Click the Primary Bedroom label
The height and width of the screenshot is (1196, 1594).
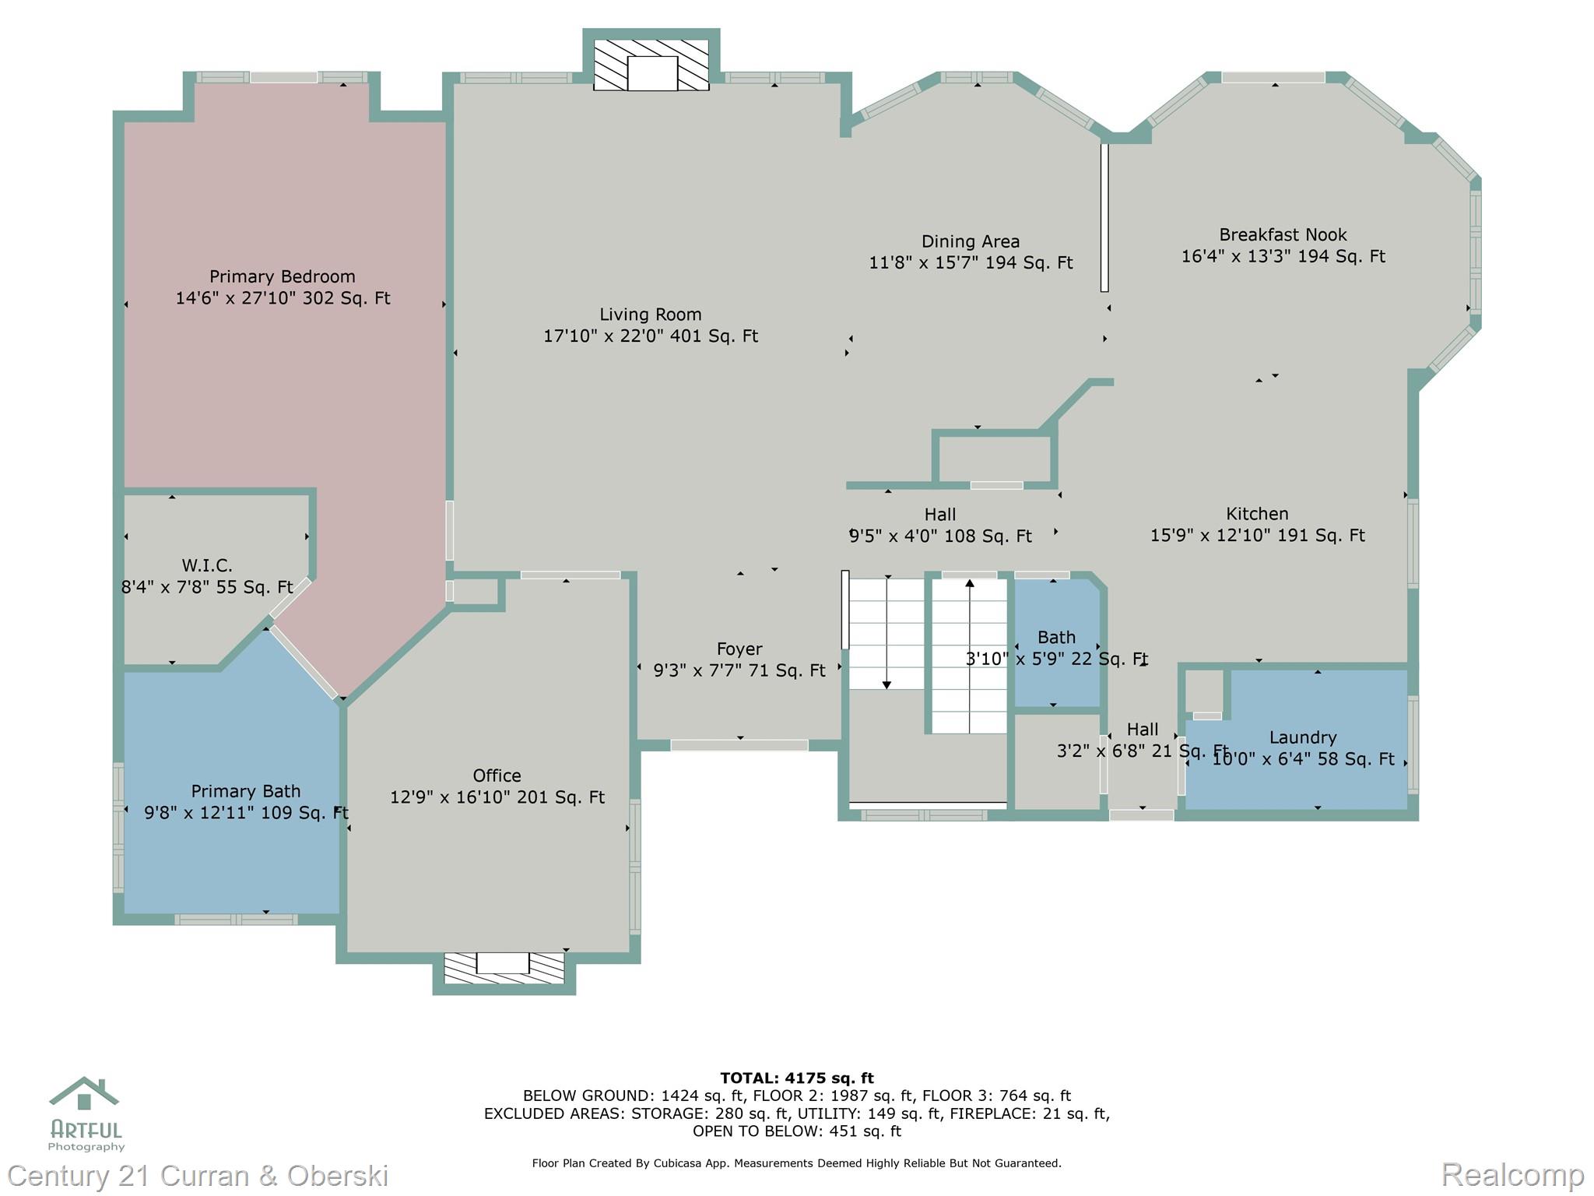click(x=282, y=276)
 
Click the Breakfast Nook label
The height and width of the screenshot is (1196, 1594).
click(x=1282, y=234)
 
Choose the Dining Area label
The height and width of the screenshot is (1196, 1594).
click(x=970, y=241)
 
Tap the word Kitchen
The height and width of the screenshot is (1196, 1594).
click(x=1256, y=514)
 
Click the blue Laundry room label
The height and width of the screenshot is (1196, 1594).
click(x=1302, y=737)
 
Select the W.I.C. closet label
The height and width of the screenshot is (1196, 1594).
click(x=207, y=565)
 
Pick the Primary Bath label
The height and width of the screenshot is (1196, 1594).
click(x=245, y=791)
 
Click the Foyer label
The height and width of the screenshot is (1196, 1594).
click(x=739, y=649)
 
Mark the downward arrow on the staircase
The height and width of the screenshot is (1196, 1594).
click(x=887, y=684)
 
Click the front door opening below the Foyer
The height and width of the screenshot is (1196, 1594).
click(x=739, y=745)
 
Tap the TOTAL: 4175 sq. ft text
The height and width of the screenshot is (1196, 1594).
click(x=796, y=1078)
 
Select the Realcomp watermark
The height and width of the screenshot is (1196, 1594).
click(x=1512, y=1174)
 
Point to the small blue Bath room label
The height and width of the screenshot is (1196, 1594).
click(x=1056, y=637)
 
